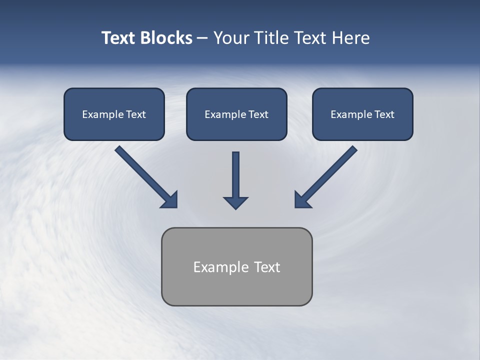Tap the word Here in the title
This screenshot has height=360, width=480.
pos(350,38)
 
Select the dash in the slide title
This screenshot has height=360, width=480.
pos(202,38)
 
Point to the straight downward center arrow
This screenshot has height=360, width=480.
pos(235,175)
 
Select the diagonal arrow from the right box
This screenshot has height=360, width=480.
pos(330,172)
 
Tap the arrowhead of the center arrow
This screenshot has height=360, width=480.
pos(235,202)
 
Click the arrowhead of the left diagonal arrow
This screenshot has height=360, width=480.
pos(170,200)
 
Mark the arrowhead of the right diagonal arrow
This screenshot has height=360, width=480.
pos(302,200)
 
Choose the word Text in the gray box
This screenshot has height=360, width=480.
pos(267,267)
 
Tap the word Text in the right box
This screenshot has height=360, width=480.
pos(384,114)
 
